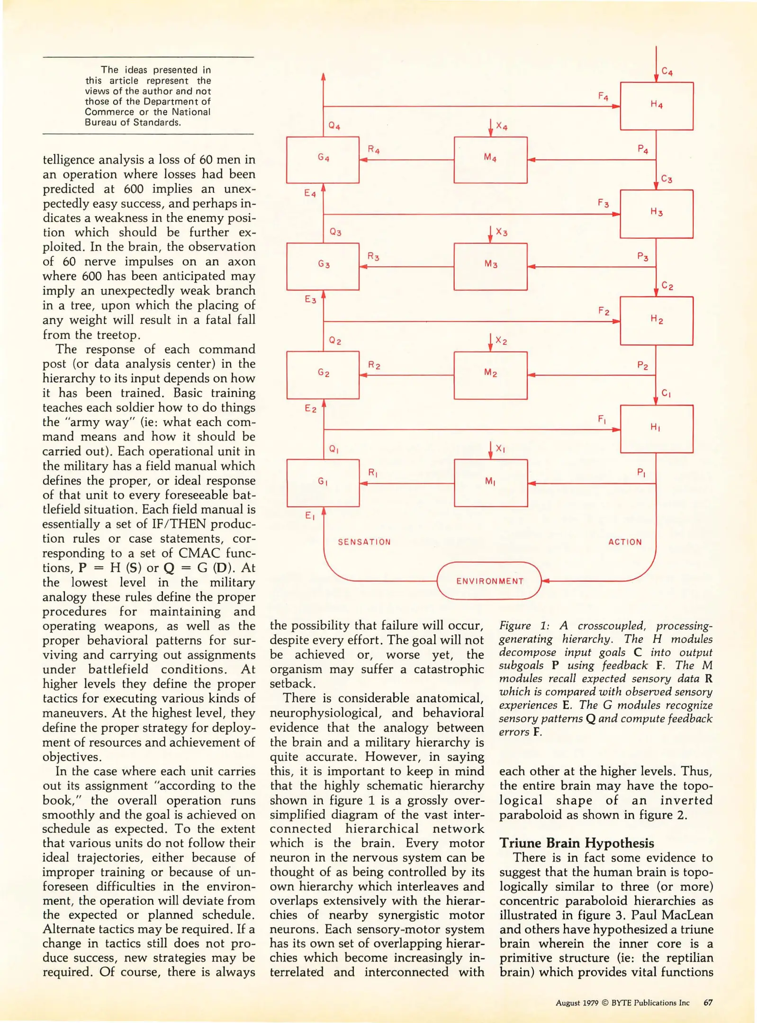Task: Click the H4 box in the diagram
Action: coord(656,106)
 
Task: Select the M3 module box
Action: coord(490,266)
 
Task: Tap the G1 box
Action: coord(323,482)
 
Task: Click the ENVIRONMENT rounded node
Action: coord(489,581)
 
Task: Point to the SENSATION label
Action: coord(364,542)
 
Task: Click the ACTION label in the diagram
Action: coord(624,542)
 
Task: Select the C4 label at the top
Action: coord(667,72)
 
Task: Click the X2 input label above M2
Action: coord(501,341)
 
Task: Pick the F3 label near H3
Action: coord(603,203)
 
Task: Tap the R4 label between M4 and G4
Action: coord(373,150)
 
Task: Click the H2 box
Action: coord(656,321)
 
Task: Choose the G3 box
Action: coord(323,266)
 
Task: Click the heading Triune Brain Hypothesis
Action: coord(576,843)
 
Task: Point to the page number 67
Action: coord(708,1003)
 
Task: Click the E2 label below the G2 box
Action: coord(310,408)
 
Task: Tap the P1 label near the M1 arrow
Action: coord(641,472)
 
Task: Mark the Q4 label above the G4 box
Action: coord(334,126)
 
